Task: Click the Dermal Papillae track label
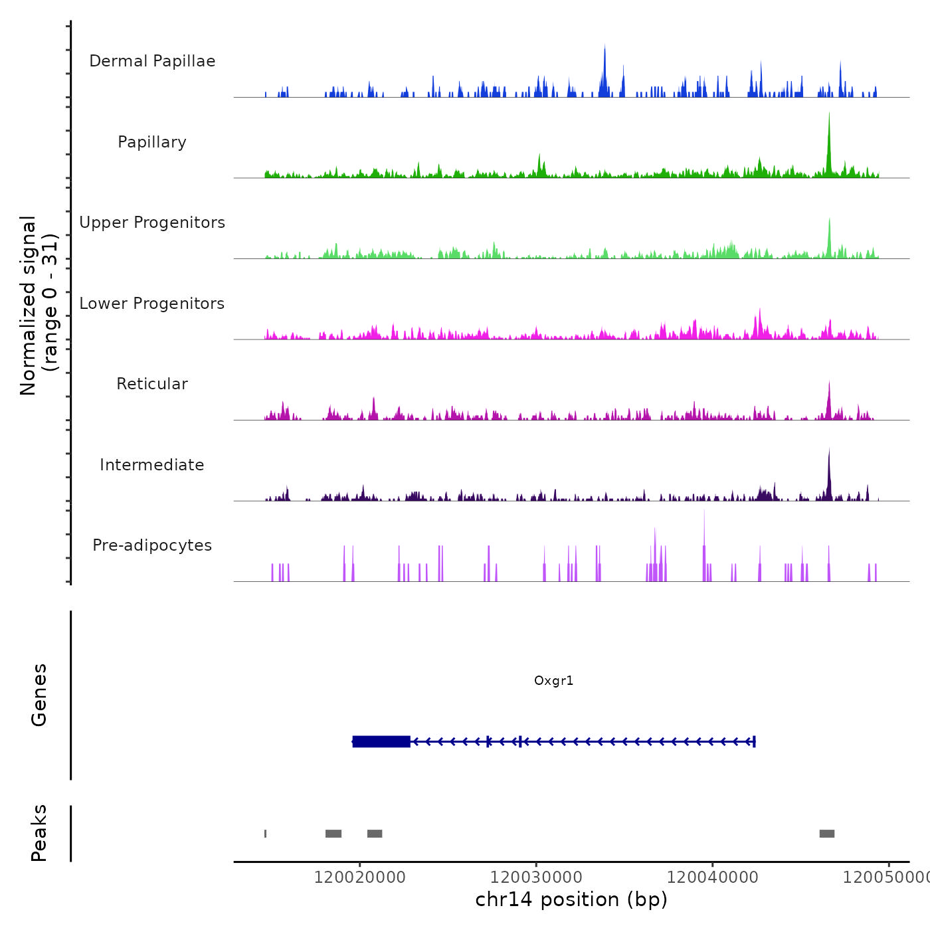[152, 61]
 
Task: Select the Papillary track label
[152, 142]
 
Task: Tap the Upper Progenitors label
[152, 223]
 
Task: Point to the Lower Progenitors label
[152, 304]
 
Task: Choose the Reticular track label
[152, 384]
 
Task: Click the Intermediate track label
[152, 465]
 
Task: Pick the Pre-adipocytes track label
[152, 545]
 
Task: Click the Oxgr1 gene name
[553, 681]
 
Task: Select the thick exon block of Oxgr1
[381, 741]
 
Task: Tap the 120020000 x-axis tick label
[359, 878]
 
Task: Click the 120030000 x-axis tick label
[536, 878]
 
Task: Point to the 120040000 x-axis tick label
[712, 878]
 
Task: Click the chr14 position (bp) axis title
[571, 899]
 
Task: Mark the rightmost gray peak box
[826, 834]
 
